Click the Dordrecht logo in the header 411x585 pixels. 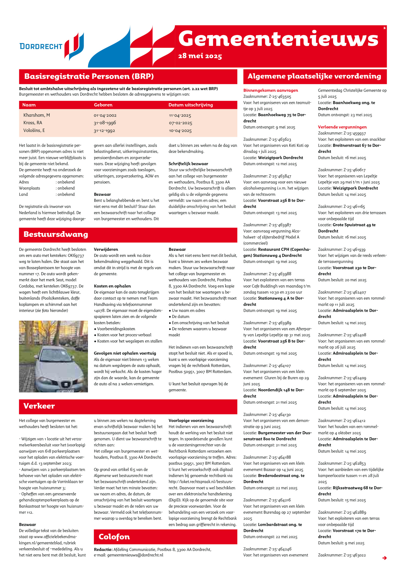pos(52,46)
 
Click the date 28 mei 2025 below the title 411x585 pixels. pos(200,56)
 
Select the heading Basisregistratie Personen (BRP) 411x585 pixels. pos(89,76)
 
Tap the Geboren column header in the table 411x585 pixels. pos(103,105)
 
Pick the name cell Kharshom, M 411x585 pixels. pos(36,115)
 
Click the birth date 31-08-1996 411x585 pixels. pos(105,123)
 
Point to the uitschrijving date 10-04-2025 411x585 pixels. pos(180,131)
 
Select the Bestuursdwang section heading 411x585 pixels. pos(56,234)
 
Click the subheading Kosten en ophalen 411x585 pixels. pos(112,286)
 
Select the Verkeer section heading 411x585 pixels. pos(39,406)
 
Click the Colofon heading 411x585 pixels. pos(114,537)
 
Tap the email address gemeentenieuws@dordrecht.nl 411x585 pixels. pos(135,555)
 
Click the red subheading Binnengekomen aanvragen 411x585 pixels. pos(270,90)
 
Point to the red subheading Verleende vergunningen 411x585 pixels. pos(342,127)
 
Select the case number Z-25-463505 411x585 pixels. pos(280,97)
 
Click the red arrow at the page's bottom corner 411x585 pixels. pos(384,558)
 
